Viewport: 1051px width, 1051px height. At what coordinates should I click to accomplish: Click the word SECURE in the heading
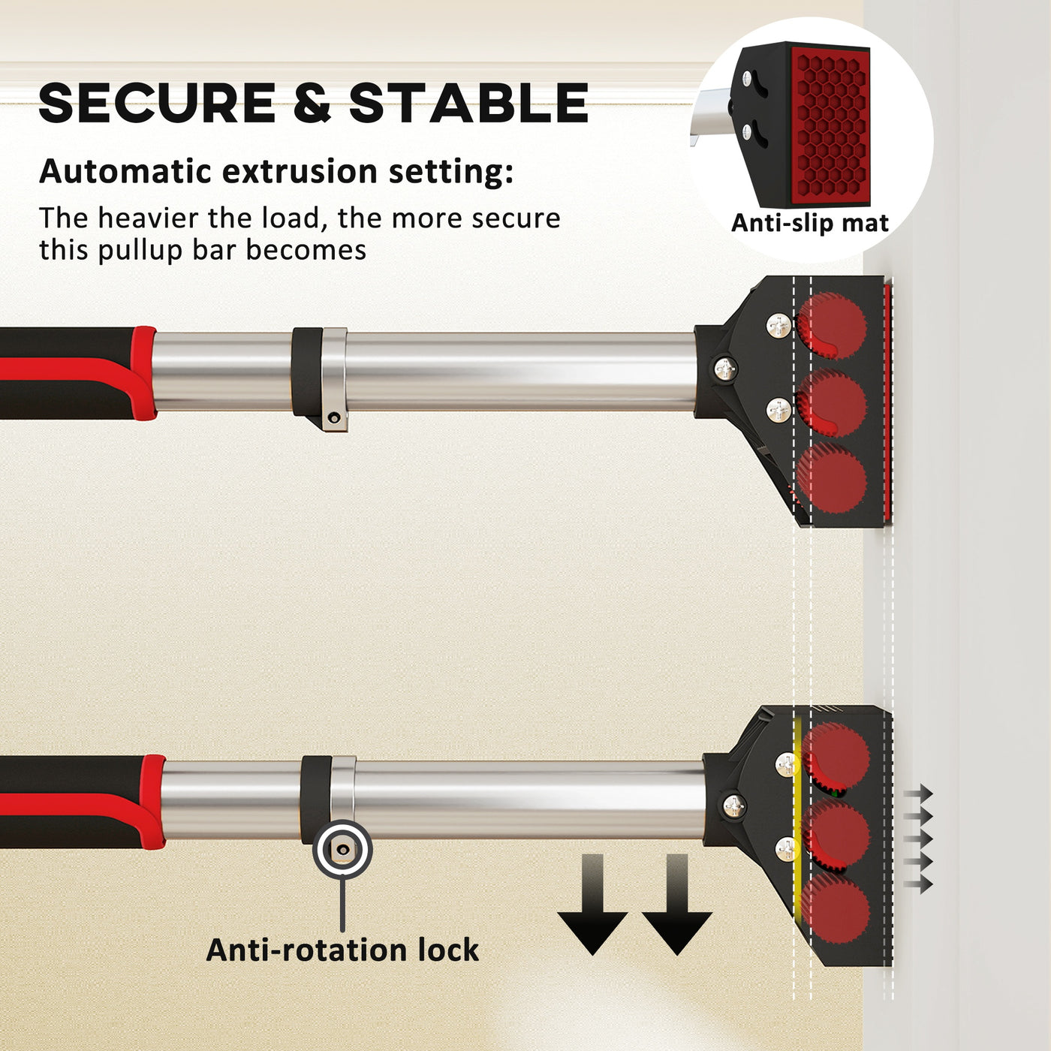tap(157, 103)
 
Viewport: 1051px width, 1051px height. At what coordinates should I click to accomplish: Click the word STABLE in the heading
tap(468, 103)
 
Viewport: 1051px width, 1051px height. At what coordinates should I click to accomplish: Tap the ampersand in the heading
tap(312, 103)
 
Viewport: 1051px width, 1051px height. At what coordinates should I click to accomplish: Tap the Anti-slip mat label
tap(810, 222)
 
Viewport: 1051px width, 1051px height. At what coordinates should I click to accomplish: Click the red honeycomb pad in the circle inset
tap(830, 122)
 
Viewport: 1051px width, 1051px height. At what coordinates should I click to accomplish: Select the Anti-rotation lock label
tap(342, 950)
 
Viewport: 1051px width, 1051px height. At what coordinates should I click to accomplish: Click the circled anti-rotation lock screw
tap(342, 849)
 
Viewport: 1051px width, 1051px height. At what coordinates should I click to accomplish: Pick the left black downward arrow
tap(592, 904)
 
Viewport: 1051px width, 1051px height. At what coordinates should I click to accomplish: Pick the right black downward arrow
tap(677, 904)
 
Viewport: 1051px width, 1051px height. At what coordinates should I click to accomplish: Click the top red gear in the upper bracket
tap(831, 325)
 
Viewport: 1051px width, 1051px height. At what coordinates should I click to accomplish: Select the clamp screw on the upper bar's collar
tap(333, 418)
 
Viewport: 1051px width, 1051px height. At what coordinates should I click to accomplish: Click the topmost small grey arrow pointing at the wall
tap(918, 793)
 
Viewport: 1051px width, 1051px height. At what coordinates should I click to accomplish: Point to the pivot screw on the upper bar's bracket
tap(725, 370)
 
